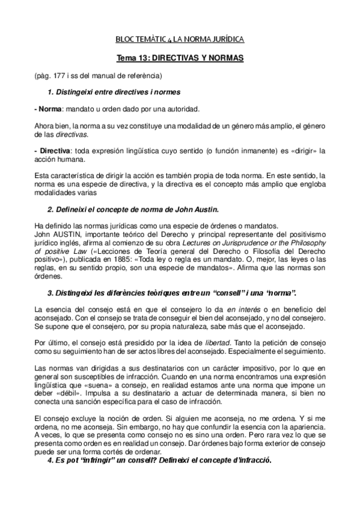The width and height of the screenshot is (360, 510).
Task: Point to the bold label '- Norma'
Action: (48, 110)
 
